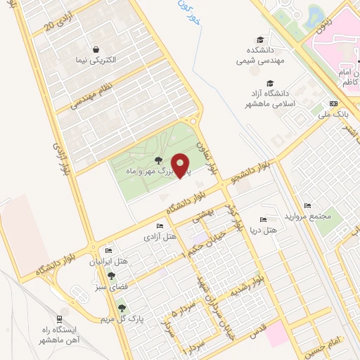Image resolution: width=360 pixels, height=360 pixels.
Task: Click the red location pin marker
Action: [180, 165]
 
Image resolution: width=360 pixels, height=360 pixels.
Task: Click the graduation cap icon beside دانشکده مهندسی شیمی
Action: [262, 40]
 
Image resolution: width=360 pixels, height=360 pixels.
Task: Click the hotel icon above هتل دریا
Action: [264, 219]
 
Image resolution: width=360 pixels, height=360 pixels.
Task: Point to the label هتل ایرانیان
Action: [108, 262]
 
